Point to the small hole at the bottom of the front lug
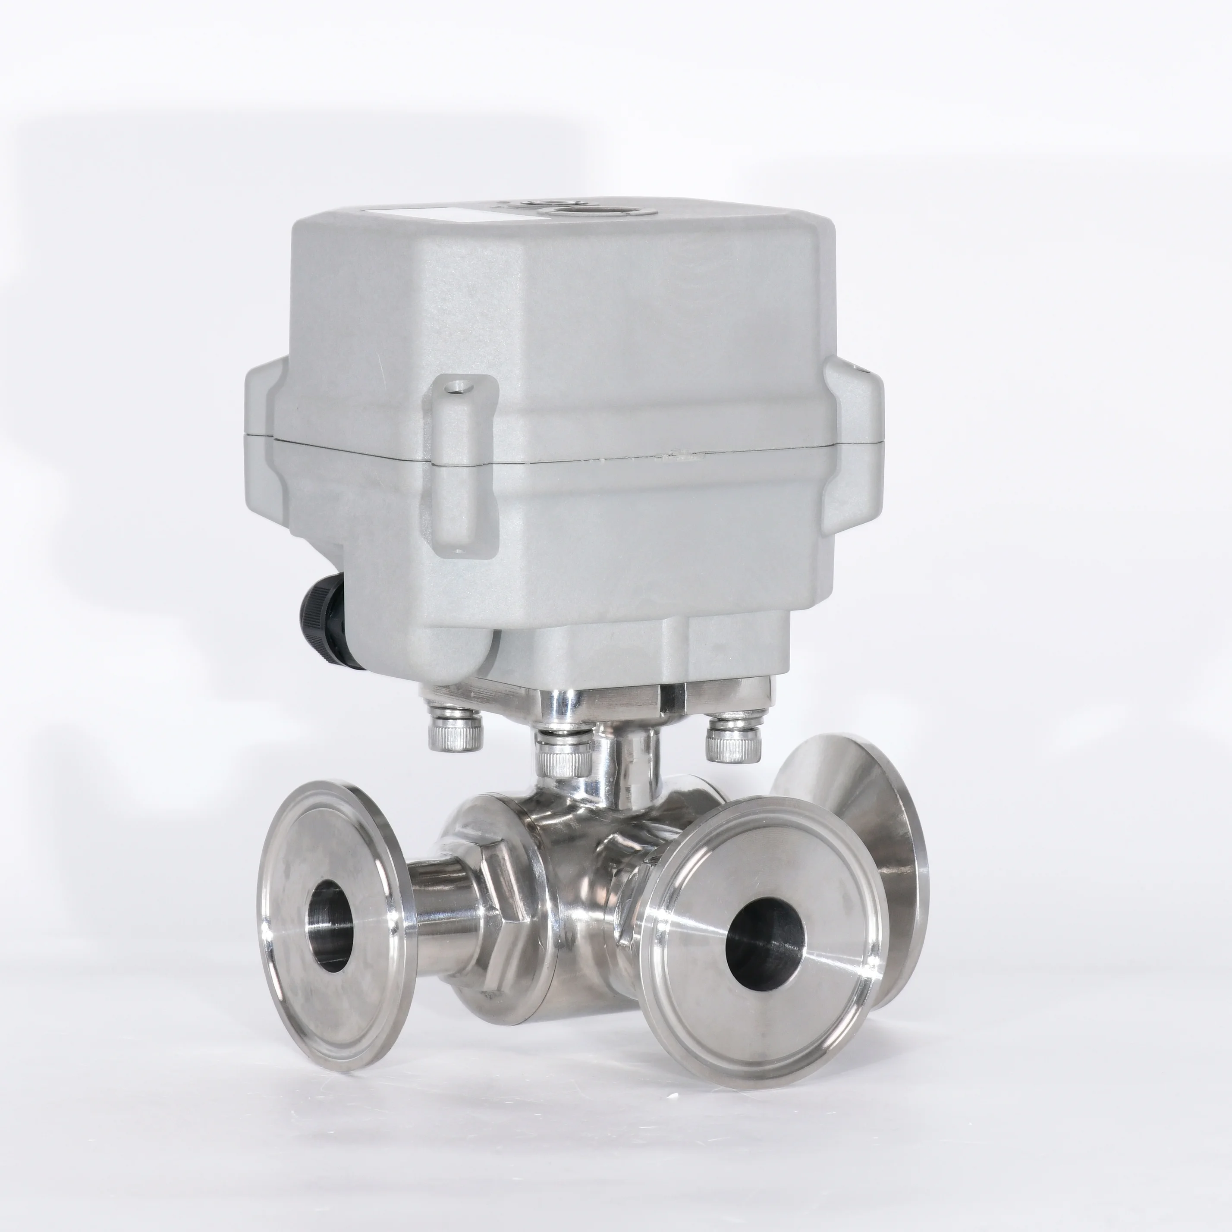click(457, 550)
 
